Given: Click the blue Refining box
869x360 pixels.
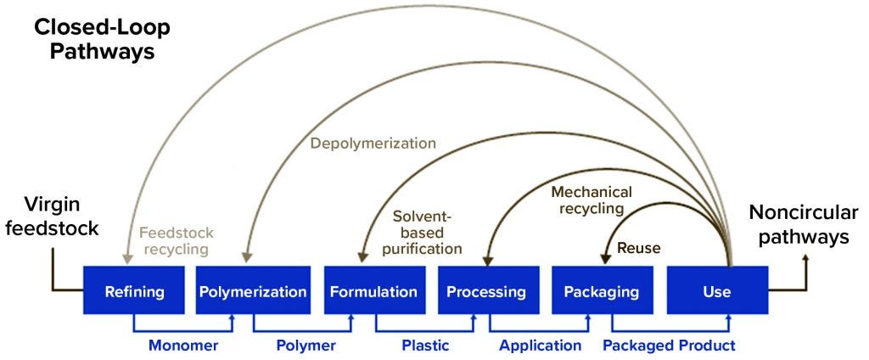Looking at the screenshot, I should tap(133, 291).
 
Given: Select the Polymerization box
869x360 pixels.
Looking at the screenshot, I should tap(253, 291).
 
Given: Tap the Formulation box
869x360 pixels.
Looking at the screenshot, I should tap(373, 291).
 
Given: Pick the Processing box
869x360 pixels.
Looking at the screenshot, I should tap(486, 291).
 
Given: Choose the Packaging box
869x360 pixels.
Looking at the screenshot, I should tap(601, 291).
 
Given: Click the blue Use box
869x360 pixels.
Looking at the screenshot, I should tap(717, 291).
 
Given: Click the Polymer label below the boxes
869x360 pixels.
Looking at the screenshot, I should tap(306, 346).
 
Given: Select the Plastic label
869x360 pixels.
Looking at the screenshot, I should tap(425, 346).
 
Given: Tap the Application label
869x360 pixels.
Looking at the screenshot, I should tap(541, 346).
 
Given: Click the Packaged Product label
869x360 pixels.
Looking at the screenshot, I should tap(669, 346).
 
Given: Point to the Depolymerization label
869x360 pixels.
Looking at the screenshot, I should tap(373, 143).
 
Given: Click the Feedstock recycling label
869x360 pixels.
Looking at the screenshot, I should tap(177, 240).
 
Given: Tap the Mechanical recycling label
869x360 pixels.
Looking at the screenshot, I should tap(587, 200).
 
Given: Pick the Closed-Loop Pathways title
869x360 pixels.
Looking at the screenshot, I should tap(103, 39).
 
